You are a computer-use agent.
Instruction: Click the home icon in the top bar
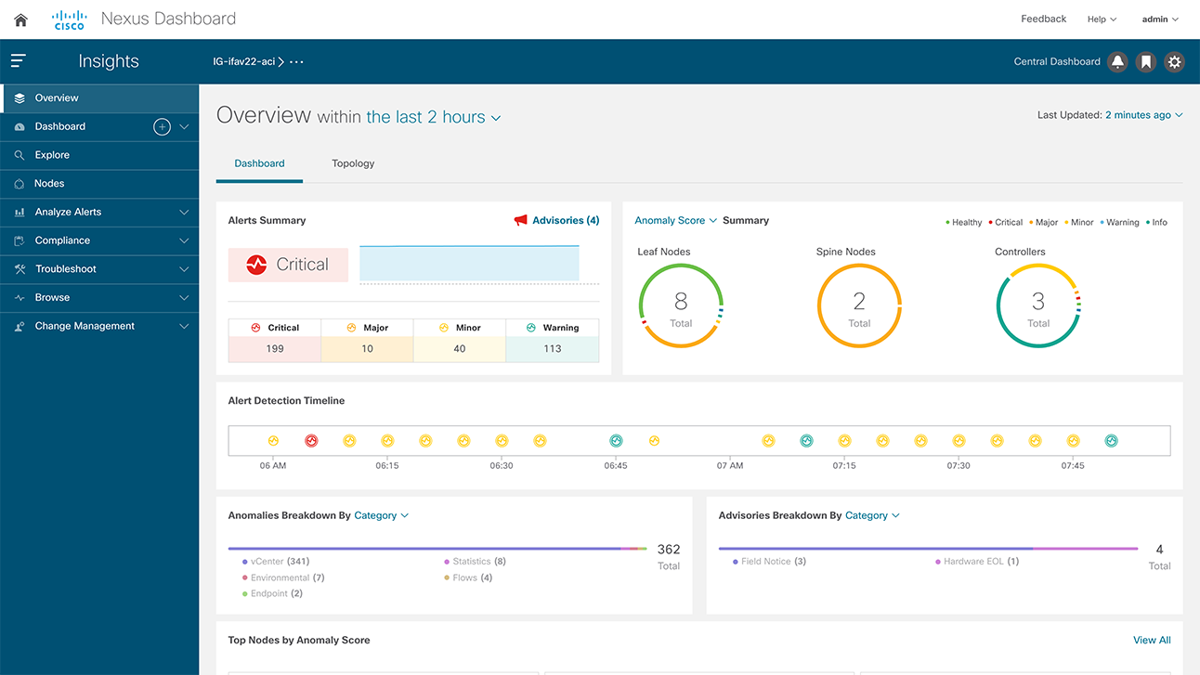20,19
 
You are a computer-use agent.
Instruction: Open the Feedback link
1043,19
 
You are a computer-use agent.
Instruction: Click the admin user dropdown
1160,19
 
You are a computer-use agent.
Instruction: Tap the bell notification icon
1118,62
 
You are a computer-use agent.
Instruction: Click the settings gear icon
1175,62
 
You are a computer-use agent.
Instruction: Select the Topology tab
353,163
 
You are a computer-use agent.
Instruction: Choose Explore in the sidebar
52,155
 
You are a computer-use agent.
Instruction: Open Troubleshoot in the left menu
66,269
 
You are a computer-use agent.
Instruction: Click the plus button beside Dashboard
162,127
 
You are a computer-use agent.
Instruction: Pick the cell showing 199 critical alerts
275,349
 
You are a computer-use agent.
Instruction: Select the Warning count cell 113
553,349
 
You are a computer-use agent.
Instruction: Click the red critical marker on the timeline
311,441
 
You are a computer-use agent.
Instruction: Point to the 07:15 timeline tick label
844,465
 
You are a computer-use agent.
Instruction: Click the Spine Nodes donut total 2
859,305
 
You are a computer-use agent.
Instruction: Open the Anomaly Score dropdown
675,221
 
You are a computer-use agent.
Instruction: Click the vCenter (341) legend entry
280,562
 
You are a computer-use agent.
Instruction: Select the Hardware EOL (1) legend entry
981,562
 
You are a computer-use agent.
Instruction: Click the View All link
1152,640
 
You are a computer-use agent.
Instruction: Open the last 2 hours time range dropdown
434,118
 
